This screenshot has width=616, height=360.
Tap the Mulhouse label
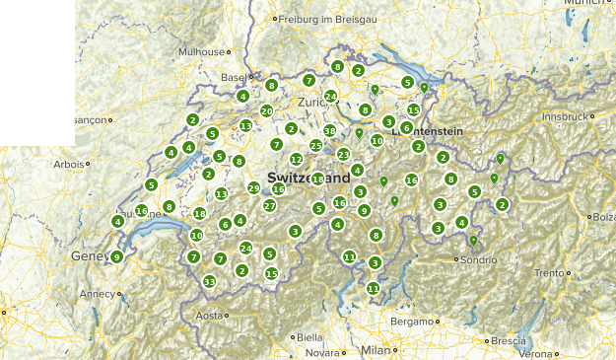pyautogui.click(x=200, y=51)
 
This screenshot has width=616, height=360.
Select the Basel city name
pyautogui.click(x=233, y=76)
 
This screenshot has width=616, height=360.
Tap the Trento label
pyautogui.click(x=550, y=273)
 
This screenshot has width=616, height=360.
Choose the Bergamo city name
pyautogui.click(x=411, y=322)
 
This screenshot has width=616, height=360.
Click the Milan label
pyautogui.click(x=376, y=350)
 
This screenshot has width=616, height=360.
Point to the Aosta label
pyautogui.click(x=210, y=316)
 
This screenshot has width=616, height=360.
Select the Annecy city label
pyautogui.click(x=98, y=293)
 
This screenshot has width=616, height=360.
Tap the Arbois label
pyautogui.click(x=69, y=164)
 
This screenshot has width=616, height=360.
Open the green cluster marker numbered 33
pyautogui.click(x=209, y=281)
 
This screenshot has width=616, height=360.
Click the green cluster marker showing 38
pyautogui.click(x=329, y=131)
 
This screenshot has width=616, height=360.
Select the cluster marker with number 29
pyautogui.click(x=253, y=188)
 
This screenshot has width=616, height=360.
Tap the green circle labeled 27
pyautogui.click(x=269, y=206)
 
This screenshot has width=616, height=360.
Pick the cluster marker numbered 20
pyautogui.click(x=266, y=111)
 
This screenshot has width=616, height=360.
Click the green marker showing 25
pyautogui.click(x=315, y=146)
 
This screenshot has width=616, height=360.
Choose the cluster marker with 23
pyautogui.click(x=343, y=154)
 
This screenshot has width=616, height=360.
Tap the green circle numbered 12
pyautogui.click(x=296, y=160)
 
